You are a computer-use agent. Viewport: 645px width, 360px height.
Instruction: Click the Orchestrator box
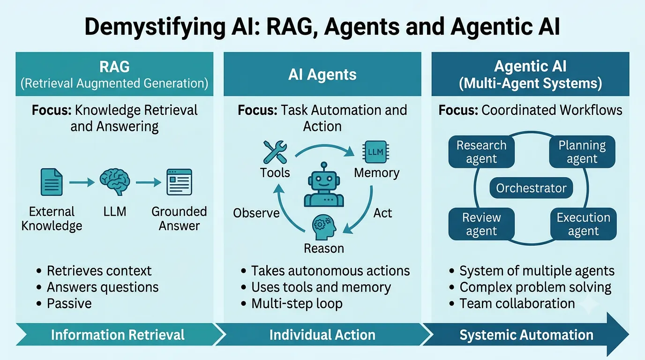pos(531,188)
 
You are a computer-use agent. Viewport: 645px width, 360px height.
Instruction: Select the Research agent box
pos(481,152)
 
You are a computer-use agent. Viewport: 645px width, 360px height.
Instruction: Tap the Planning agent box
pos(582,152)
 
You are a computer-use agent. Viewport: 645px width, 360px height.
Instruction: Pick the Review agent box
pos(481,224)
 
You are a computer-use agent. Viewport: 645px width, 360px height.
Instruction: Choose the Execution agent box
pos(584,224)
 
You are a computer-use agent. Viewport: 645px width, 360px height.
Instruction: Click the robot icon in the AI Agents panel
pos(324,184)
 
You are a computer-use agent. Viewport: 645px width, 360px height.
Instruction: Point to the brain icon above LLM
pos(114,182)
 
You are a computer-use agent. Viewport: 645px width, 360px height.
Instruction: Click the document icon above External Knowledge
pos(52,182)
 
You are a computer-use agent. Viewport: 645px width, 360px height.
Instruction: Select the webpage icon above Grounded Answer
pos(179,182)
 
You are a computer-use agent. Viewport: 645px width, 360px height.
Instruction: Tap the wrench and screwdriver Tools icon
pos(275,152)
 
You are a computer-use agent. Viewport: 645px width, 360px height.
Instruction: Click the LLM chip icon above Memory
pos(376,152)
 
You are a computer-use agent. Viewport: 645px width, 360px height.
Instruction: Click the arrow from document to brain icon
pos(82,182)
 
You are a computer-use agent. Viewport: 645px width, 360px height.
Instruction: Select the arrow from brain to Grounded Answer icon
pos(148,182)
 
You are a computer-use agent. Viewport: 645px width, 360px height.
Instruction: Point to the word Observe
pos(256,213)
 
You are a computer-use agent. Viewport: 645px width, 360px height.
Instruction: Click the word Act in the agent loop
pos(382,213)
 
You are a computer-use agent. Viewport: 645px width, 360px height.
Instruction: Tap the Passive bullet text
pos(69,304)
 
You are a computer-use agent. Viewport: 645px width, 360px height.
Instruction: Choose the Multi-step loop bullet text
pos(297,304)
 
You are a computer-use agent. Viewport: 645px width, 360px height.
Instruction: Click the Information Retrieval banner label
pos(118,335)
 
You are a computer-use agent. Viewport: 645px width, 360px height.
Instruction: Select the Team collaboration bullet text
pos(517,304)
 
